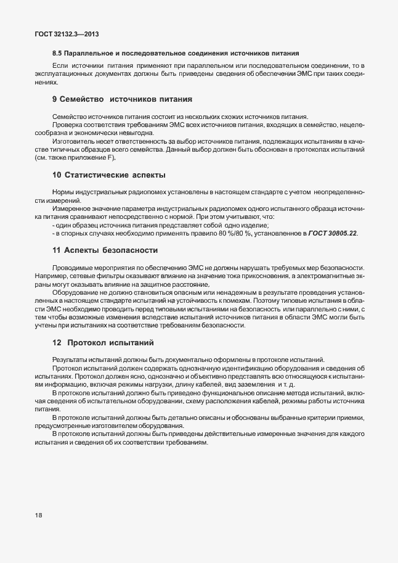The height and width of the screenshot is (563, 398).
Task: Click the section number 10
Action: pos(57,175)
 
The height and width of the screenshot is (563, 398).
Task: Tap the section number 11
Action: pos(57,250)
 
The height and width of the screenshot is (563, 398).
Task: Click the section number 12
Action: pos(57,342)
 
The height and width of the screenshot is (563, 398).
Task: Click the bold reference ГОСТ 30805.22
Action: pos(333,233)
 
